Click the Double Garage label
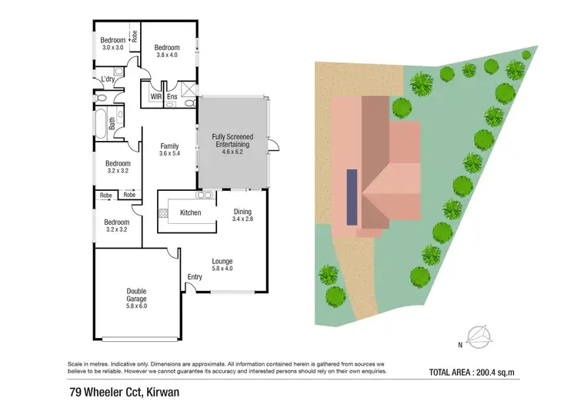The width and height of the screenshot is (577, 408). pyautogui.click(x=136, y=295)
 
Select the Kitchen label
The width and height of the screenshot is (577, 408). pyautogui.click(x=190, y=212)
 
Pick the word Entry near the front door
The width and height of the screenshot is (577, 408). pyautogui.click(x=195, y=277)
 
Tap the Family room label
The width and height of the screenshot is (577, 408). pyautogui.click(x=169, y=145)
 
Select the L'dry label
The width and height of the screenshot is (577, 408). pyautogui.click(x=108, y=79)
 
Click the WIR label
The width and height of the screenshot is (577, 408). pyautogui.click(x=155, y=98)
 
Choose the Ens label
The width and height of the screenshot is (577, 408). pyautogui.click(x=172, y=98)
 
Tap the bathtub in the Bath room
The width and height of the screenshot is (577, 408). pyautogui.click(x=101, y=121)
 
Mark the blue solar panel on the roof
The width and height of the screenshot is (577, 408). pyautogui.click(x=352, y=197)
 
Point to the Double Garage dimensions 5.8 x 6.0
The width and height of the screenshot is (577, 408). pyautogui.click(x=136, y=306)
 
